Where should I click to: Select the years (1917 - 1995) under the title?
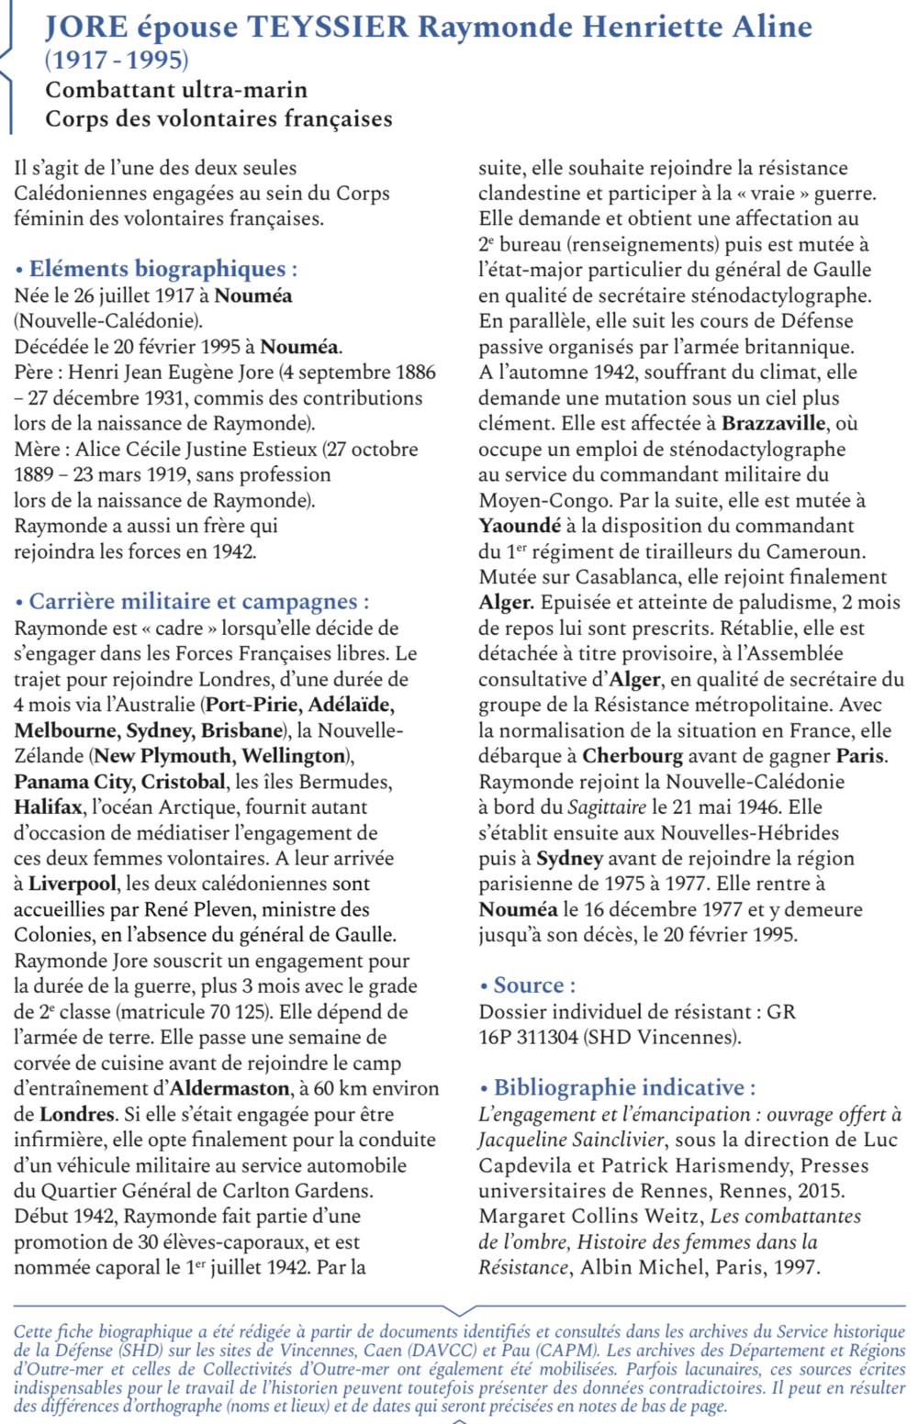[x=117, y=61]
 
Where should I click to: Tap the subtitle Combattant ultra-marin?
[x=176, y=90]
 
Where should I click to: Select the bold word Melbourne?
[x=64, y=731]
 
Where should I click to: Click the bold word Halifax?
[x=48, y=808]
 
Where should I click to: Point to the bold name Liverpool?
[x=73, y=884]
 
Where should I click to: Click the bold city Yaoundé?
[x=520, y=527]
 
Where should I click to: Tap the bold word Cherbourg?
[x=633, y=757]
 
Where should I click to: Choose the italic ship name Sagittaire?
[x=607, y=807]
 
